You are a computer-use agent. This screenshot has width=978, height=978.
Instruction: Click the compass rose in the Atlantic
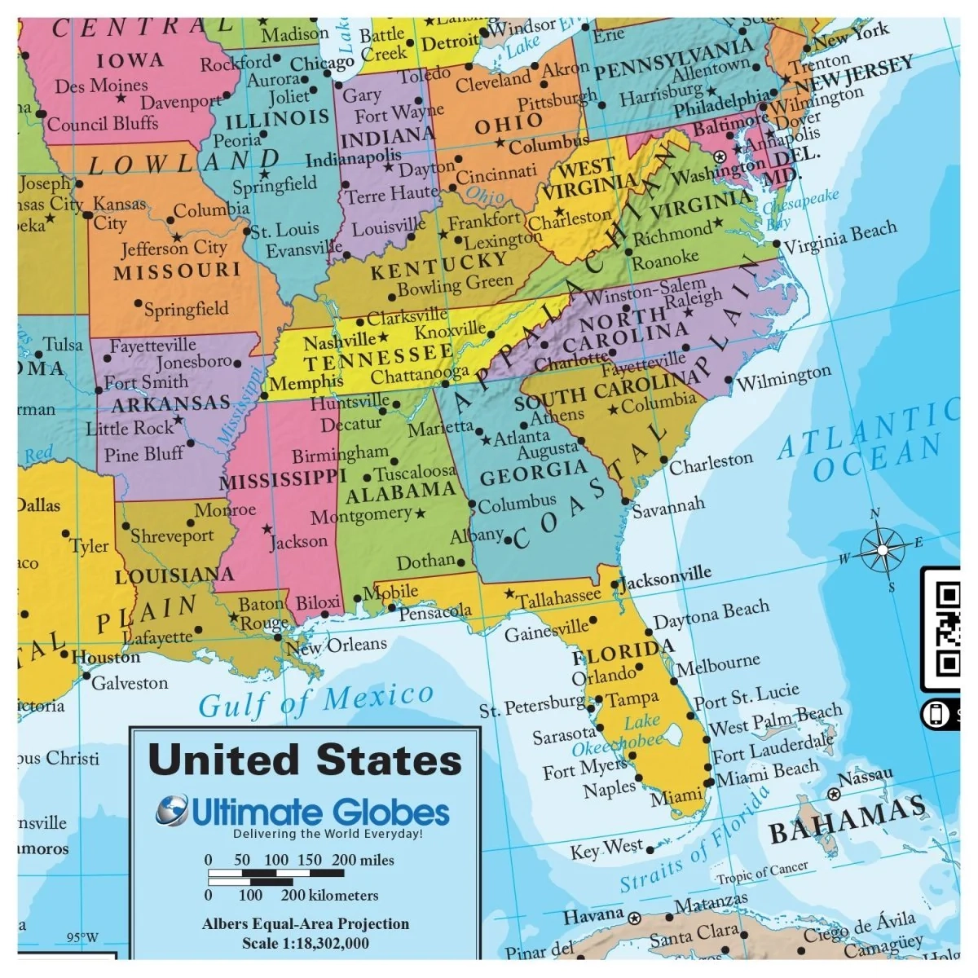tap(882, 552)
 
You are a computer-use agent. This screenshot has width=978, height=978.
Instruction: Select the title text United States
tap(305, 760)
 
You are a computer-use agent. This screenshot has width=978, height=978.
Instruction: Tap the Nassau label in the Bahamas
tap(866, 777)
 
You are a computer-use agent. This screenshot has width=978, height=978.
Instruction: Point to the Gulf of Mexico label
tap(316, 700)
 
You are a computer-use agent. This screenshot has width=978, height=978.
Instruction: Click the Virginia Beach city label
tap(839, 236)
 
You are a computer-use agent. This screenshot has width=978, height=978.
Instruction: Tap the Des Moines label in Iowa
tap(101, 85)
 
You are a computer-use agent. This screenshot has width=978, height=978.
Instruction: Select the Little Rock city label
tap(130, 427)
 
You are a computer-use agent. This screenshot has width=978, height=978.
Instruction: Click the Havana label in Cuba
tap(593, 915)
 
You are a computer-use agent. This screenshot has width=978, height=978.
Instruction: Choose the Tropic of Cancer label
tap(763, 872)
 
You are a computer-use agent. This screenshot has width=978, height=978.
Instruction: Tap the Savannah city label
tap(668, 508)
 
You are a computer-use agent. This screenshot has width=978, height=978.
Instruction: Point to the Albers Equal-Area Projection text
tap(306, 923)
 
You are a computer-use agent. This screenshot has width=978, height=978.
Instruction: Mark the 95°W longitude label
tap(81, 937)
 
